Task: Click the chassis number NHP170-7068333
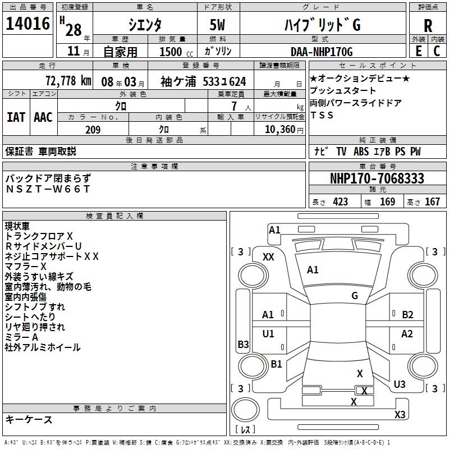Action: click(x=377, y=178)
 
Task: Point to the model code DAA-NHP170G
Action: click(x=322, y=52)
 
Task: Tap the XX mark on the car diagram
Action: click(x=268, y=256)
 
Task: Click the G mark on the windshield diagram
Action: click(x=355, y=295)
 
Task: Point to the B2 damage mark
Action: click(x=407, y=315)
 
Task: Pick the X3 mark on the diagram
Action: click(x=400, y=415)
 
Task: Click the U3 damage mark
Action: click(x=399, y=384)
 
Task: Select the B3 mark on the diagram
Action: click(x=243, y=344)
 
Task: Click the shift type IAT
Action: click(x=16, y=117)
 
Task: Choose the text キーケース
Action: click(x=29, y=419)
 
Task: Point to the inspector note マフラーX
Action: click(x=25, y=266)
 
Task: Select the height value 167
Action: click(x=432, y=202)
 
